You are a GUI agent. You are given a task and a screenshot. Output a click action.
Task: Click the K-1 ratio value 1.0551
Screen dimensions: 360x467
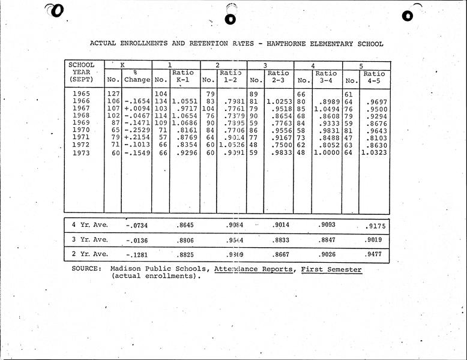coord(184,102)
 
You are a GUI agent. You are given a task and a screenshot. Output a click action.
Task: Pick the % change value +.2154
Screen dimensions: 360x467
coord(137,137)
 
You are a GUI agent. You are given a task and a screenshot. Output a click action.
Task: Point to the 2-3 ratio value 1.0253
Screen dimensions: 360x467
coord(279,102)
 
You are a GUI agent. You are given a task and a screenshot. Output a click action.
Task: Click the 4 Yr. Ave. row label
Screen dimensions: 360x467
coord(89,225)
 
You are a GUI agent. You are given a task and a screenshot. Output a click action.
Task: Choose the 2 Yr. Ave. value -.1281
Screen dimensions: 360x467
coord(137,254)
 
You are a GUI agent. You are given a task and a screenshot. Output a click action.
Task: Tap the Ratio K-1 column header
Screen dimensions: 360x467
coord(183,76)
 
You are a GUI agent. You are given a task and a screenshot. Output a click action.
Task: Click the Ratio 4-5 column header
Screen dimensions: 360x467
coord(375,77)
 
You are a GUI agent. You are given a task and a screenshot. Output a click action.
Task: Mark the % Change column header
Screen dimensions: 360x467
coord(137,76)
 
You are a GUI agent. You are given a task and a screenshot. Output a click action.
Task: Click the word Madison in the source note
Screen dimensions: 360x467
coord(125,269)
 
